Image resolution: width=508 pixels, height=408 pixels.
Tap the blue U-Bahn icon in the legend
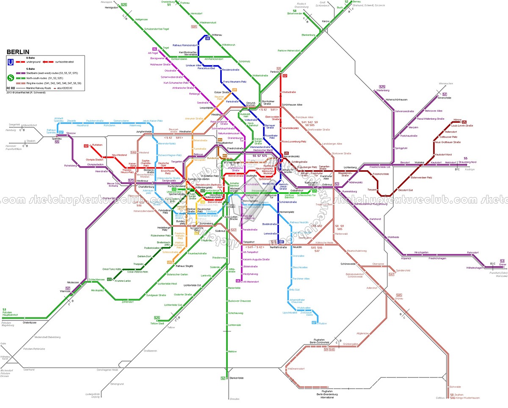pos(10,62)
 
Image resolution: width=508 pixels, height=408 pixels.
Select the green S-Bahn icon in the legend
pos(10,77)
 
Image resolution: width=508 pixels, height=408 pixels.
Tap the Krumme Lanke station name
pos(122,281)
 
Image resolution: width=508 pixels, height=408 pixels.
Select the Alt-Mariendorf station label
pos(250,281)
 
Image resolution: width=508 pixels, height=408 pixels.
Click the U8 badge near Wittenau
pos(207,39)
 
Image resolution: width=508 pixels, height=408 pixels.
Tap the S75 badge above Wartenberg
pos(382,86)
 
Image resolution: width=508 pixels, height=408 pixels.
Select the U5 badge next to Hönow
pos(464,122)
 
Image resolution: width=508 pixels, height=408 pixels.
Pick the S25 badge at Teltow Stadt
pos(157,318)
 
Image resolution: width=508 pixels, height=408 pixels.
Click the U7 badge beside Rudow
pos(314,323)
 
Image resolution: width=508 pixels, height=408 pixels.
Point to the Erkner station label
pos(502,265)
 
